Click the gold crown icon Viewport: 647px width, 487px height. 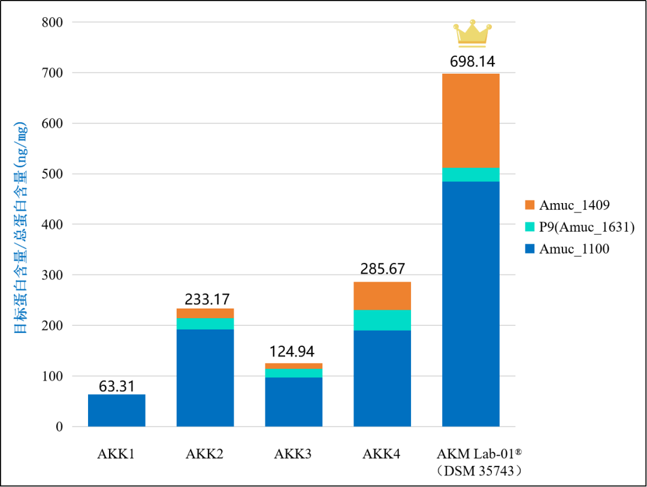click(473, 33)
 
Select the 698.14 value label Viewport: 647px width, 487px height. click(473, 62)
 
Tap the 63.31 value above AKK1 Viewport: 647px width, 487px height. click(117, 386)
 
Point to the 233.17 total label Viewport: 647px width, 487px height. click(207, 300)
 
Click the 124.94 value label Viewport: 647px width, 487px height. click(292, 352)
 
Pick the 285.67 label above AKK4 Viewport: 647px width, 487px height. click(382, 269)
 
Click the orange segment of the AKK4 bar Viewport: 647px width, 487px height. click(382, 296)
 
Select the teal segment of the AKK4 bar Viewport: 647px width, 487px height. click(382, 320)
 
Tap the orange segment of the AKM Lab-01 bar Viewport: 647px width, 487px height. click(471, 120)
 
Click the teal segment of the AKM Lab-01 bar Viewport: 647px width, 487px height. click(471, 174)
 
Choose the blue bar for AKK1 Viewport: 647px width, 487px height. click(117, 411)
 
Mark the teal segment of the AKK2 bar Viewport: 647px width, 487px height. click(205, 324)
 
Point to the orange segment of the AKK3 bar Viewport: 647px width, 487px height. click(294, 366)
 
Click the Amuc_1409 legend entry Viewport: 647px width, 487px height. click(567, 205)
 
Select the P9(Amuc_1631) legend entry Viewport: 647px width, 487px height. click(580, 227)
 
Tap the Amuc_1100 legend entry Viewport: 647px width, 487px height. click(567, 249)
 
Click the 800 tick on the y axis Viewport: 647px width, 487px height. click(52, 22)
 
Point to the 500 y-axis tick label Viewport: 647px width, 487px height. click(52, 174)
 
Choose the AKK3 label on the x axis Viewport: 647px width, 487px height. click(293, 454)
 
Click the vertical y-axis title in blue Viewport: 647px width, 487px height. click(20, 228)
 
